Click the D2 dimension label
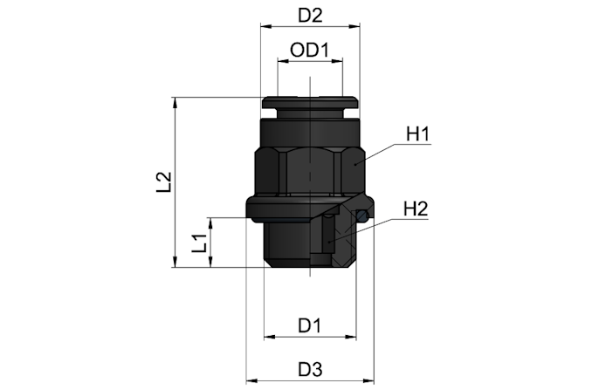click(x=310, y=16)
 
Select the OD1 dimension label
click(x=310, y=51)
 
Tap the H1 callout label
click(x=417, y=134)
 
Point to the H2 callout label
click(x=416, y=209)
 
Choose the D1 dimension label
click(x=309, y=325)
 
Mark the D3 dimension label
click(x=310, y=369)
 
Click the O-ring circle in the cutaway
click(x=362, y=216)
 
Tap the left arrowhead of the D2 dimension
click(x=265, y=26)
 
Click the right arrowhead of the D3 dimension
click(x=368, y=380)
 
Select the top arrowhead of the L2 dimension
click(x=176, y=103)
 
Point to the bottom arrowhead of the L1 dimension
click(x=210, y=263)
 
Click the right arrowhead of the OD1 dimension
click(x=337, y=61)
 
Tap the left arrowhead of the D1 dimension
click(x=269, y=337)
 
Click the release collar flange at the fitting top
click(x=310, y=103)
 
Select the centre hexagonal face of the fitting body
click(x=310, y=171)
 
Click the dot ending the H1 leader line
click(x=355, y=164)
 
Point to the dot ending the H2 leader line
click(x=329, y=243)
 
